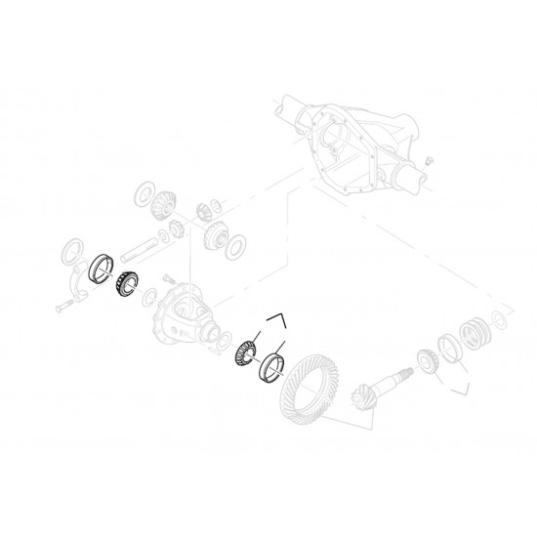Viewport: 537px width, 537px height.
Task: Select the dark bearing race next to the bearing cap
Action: point(100,268)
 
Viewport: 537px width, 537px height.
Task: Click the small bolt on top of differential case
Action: point(168,278)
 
